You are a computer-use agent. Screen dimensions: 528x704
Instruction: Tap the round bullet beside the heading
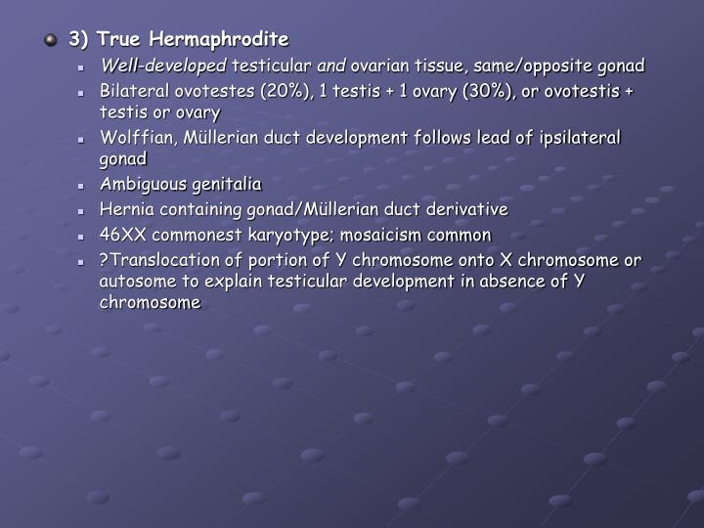pos(51,41)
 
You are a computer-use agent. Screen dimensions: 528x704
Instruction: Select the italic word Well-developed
pos(163,66)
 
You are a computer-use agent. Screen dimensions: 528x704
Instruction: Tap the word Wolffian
pos(133,138)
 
